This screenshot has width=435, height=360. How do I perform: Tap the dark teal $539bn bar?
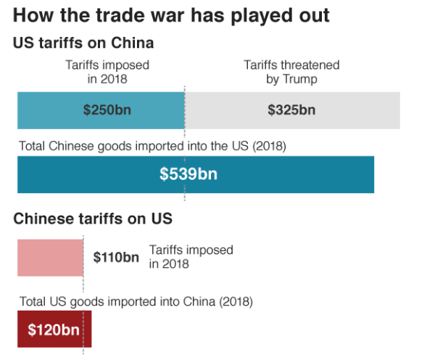click(x=290, y=174)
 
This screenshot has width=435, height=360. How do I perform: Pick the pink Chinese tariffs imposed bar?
click(x=50, y=257)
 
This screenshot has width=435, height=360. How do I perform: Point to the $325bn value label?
click(x=291, y=111)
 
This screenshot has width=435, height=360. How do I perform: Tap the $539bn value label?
click(x=188, y=174)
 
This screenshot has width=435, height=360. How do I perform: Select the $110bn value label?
click(x=116, y=257)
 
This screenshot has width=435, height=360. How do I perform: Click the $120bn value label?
click(x=53, y=330)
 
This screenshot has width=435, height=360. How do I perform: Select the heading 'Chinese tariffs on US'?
click(x=93, y=218)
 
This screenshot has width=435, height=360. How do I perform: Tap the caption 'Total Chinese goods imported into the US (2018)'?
click(x=153, y=146)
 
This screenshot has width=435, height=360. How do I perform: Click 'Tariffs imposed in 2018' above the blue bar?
click(x=107, y=72)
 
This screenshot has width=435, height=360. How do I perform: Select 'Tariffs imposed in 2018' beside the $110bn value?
click(x=191, y=257)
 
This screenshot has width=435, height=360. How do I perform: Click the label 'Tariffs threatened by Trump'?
click(x=291, y=72)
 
